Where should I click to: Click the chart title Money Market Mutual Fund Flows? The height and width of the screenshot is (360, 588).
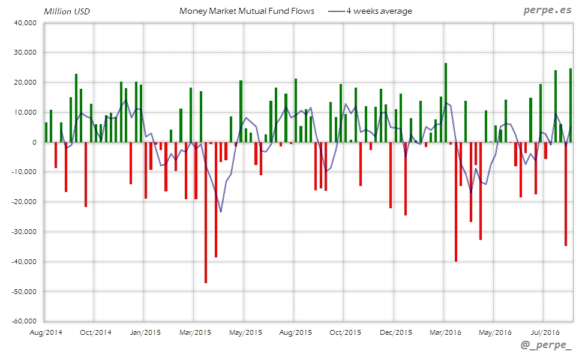click(247, 11)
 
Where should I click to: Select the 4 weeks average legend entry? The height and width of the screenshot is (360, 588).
click(379, 11)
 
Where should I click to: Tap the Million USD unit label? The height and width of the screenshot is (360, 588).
click(67, 11)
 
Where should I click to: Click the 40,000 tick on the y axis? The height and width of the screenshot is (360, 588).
click(25, 23)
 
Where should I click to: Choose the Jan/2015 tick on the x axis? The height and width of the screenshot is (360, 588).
click(145, 332)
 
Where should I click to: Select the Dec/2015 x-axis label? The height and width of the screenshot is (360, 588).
click(395, 332)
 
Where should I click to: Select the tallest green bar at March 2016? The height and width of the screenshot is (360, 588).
click(446, 103)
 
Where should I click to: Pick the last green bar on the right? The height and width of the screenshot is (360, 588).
click(571, 106)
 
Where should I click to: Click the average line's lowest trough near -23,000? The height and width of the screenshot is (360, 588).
click(221, 211)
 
